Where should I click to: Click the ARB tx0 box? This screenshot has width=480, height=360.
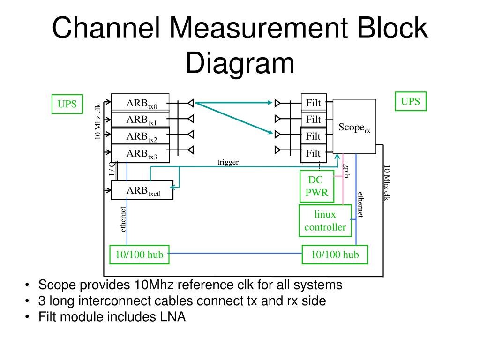tap(140, 102)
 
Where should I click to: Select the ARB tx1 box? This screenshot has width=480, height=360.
tap(140, 120)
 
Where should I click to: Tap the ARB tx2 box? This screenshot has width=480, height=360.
tap(140, 135)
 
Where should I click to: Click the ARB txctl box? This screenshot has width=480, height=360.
tap(142, 190)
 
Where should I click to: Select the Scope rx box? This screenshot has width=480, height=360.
tap(354, 127)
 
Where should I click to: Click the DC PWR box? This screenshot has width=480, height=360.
tap(317, 186)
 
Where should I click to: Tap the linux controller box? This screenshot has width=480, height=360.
tap(325, 221)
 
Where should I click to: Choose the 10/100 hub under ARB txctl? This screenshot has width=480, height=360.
tap(139, 255)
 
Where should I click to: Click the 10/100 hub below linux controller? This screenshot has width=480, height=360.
tap(335, 255)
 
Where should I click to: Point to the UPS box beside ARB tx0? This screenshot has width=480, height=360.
tap(67, 104)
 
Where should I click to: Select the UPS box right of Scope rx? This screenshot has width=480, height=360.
tap(411, 101)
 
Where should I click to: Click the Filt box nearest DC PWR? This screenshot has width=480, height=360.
tap(314, 153)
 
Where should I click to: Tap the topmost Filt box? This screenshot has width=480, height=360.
tap(314, 103)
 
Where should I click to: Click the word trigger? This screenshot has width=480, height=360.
tap(228, 162)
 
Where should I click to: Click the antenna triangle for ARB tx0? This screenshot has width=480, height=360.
tap(190, 103)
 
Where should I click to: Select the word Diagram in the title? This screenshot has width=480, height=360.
tap(240, 63)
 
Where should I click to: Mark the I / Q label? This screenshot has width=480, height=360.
tap(112, 169)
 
